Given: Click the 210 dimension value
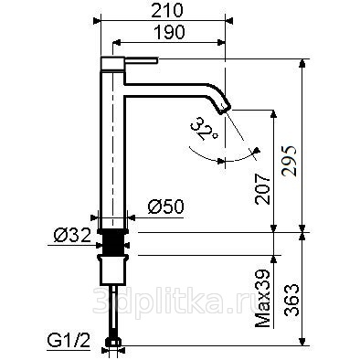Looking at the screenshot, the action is click(x=167, y=11).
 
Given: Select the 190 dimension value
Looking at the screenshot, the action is click(x=170, y=32).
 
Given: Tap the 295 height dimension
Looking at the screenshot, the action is click(x=289, y=161).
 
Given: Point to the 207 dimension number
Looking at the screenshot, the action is click(x=263, y=189).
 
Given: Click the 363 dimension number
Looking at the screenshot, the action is click(x=291, y=300).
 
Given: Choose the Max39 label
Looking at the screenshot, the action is click(x=262, y=299).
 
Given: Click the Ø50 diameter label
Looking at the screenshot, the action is click(x=166, y=206).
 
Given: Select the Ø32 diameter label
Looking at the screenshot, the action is click(x=72, y=236).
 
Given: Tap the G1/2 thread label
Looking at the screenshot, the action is click(x=69, y=340).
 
